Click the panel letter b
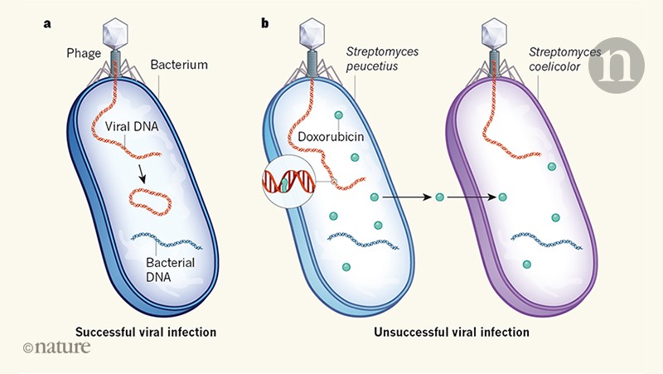click(x=265, y=23)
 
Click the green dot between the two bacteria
click(x=440, y=197)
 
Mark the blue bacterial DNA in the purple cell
click(x=544, y=240)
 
